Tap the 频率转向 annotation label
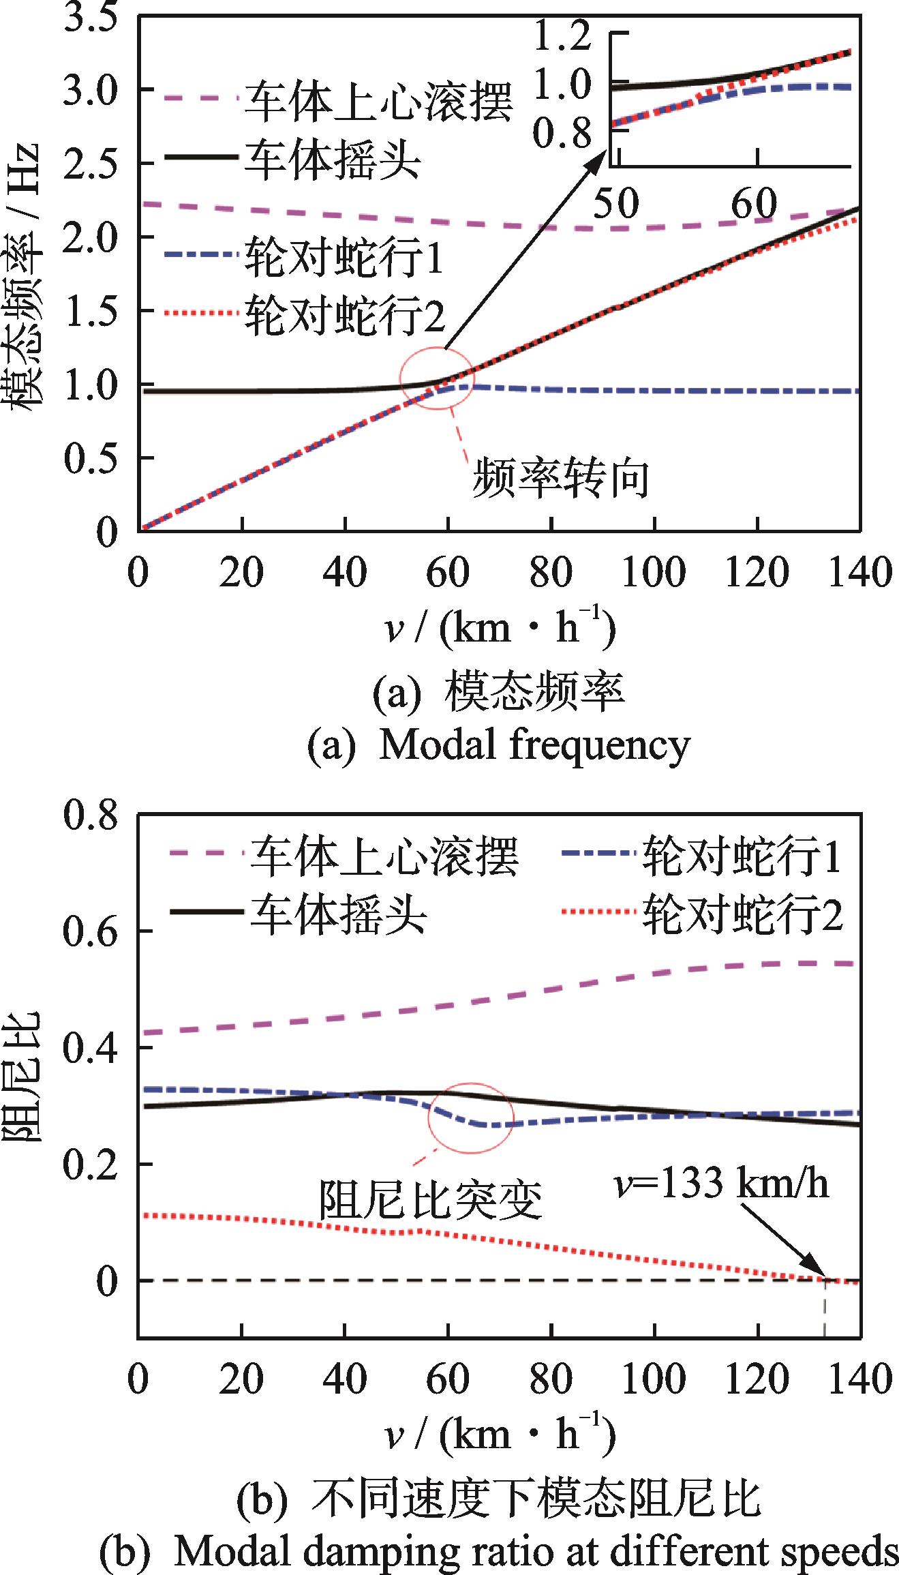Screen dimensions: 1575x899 (x=560, y=479)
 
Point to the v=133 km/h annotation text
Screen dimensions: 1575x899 (x=721, y=1183)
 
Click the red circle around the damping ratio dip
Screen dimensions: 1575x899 (x=470, y=1117)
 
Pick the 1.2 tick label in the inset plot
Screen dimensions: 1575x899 (x=562, y=35)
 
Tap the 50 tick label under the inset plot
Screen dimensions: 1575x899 (x=616, y=203)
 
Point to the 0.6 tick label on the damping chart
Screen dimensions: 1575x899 (x=91, y=931)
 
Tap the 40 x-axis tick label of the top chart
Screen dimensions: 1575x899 (x=345, y=572)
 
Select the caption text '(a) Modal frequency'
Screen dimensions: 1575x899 (x=498, y=745)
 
